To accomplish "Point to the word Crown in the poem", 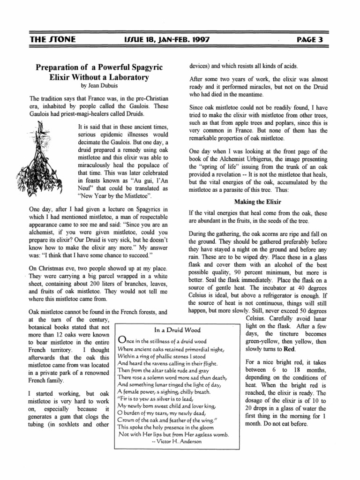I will [126, 419].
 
